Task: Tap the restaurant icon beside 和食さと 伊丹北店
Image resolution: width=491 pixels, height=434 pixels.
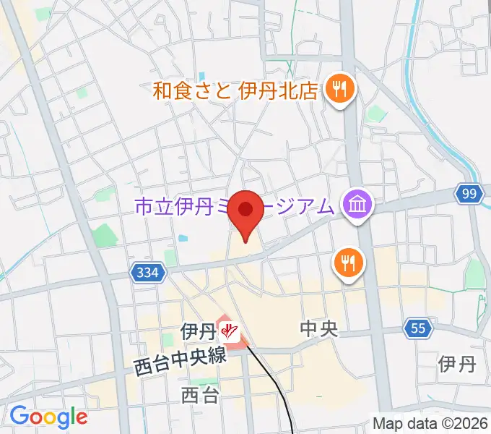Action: tap(337, 90)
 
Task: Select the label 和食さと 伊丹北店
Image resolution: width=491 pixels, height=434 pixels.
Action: tap(235, 90)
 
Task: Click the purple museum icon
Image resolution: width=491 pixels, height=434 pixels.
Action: tap(358, 206)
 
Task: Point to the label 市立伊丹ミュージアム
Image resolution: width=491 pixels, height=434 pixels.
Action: tap(235, 208)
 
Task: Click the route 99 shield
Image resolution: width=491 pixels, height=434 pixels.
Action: tap(469, 193)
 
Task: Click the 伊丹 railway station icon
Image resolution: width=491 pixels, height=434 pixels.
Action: tap(230, 331)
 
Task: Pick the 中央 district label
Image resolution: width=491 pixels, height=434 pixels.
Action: tap(318, 330)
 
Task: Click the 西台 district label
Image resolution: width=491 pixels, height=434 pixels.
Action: tap(199, 395)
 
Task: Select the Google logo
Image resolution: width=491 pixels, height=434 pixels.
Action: tap(48, 417)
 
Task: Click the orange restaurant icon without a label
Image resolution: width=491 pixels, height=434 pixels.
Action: tap(348, 263)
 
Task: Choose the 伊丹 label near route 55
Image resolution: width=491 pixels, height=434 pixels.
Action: tap(456, 364)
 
